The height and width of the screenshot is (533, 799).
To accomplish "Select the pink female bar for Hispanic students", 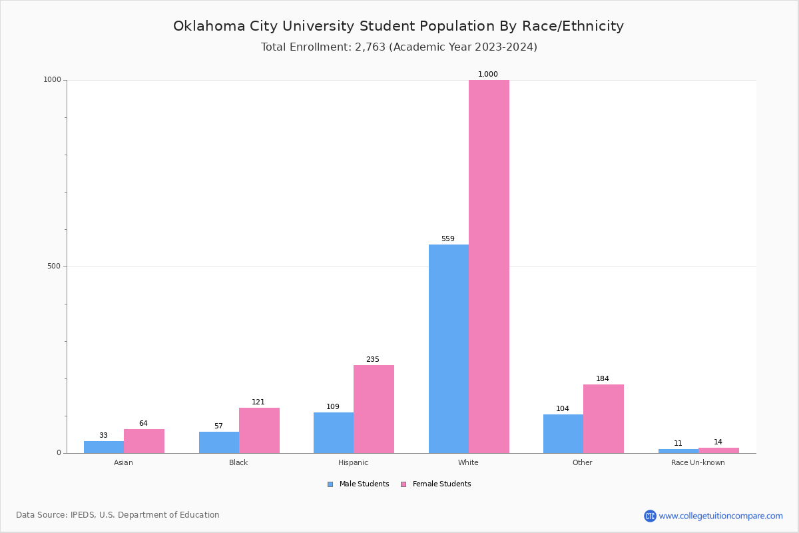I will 374,409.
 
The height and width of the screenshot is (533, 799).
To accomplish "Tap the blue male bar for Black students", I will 219,442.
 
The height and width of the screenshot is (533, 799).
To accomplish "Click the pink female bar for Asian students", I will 144,441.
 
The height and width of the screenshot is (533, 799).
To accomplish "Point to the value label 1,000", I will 488,75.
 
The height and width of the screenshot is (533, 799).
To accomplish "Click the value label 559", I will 447,239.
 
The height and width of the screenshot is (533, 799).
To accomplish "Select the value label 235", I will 372,360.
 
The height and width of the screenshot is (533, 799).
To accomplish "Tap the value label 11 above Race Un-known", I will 678,444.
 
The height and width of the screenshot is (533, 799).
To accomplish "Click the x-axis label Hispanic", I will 353,462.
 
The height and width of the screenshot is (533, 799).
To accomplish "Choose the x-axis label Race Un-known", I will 698,462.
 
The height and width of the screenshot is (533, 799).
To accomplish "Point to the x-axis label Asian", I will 123,462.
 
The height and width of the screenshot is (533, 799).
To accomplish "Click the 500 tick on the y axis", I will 53,266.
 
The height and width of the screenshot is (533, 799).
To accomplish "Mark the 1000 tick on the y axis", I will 52,80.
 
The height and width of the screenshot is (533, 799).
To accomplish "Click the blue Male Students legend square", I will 330,484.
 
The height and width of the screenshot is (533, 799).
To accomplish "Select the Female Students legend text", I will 441,484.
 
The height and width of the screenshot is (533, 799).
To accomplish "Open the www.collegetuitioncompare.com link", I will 720,516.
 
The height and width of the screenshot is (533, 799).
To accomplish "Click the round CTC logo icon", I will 650,516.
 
